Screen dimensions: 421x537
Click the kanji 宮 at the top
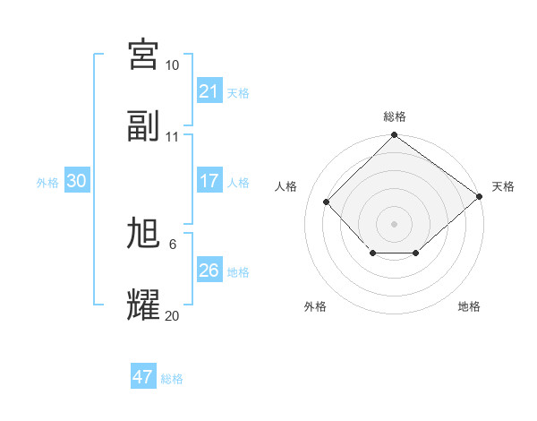143,55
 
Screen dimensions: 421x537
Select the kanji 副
143,126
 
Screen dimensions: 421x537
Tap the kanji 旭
143,234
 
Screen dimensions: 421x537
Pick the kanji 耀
143,305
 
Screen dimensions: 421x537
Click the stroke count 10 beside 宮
172,65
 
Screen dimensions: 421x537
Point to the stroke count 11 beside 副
172,137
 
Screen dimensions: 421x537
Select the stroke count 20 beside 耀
172,315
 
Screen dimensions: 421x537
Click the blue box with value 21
209,91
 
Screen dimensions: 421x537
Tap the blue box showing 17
209,181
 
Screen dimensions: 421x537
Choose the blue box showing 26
209,271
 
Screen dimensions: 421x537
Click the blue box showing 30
76,181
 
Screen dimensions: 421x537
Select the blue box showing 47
143,377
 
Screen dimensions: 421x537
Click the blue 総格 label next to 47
172,379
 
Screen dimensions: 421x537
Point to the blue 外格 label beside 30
47,183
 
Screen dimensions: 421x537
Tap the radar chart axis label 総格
394,117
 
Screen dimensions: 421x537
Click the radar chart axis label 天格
503,186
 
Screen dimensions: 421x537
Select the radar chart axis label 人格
286,186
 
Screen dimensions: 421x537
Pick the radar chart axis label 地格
469,306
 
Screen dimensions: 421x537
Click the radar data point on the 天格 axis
480,196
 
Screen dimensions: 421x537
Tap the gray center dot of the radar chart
394,224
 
